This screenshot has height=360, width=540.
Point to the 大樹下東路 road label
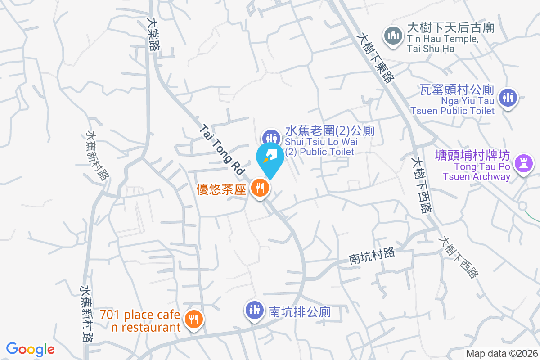point(375,56)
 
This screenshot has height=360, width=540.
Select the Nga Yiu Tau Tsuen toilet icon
point(508,97)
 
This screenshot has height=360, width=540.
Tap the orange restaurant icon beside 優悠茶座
point(260,187)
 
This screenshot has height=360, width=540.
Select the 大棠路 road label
point(154,34)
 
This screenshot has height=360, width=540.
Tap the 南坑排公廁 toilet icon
point(255,309)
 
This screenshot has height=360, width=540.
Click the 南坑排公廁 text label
point(300,312)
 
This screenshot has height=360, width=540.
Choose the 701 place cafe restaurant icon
point(194,319)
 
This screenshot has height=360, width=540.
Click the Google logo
point(30,349)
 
